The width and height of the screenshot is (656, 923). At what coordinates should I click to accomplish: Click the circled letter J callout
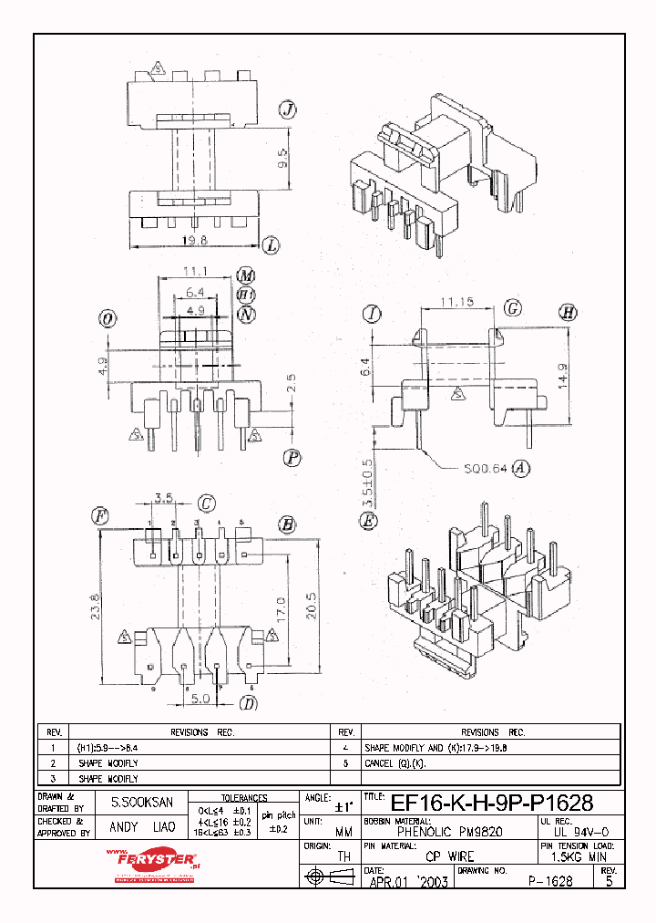[x=288, y=111]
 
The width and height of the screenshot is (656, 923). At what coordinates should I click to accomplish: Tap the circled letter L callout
[x=271, y=244]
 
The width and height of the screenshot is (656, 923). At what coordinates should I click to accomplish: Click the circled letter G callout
[x=513, y=309]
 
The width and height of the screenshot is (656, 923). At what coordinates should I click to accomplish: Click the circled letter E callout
[x=369, y=521]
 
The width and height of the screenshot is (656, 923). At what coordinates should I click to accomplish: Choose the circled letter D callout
[x=247, y=702]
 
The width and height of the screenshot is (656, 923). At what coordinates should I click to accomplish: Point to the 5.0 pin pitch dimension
[x=200, y=699]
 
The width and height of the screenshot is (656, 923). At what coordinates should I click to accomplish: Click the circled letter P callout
[x=291, y=458]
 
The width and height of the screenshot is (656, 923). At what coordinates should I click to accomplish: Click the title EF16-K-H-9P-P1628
[x=492, y=804]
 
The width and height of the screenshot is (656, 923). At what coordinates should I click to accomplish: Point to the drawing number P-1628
[x=550, y=881]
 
